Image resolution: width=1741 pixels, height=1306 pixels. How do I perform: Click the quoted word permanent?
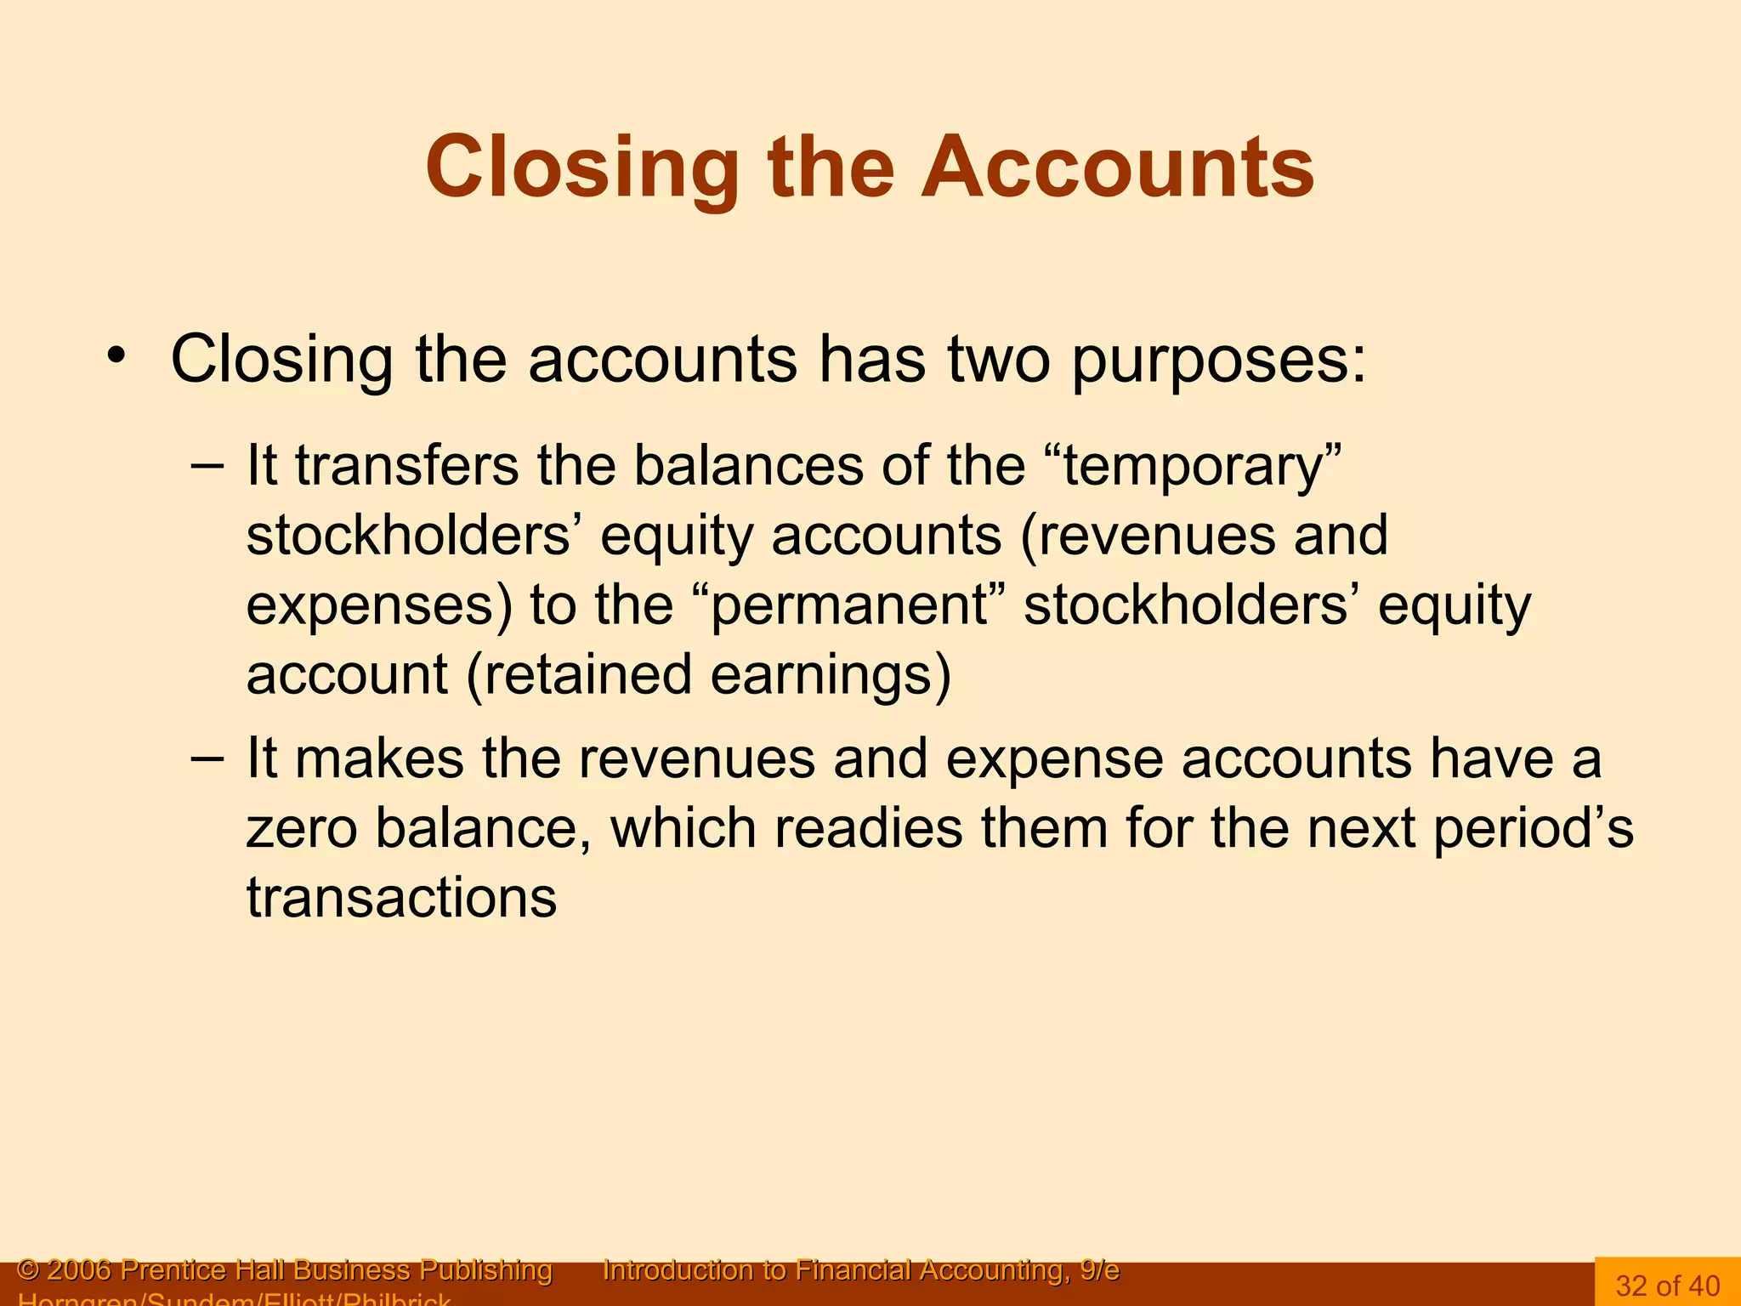(850, 606)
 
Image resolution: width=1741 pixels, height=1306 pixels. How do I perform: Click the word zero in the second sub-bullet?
(302, 828)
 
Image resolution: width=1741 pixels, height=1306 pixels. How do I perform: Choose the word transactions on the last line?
(402, 898)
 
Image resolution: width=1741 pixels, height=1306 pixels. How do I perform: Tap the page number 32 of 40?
(1667, 1286)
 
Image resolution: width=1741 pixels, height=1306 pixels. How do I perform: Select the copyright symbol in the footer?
(28, 1270)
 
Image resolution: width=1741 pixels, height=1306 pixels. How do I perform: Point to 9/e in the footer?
(1099, 1270)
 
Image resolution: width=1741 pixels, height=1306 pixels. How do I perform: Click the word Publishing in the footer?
(486, 1270)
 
